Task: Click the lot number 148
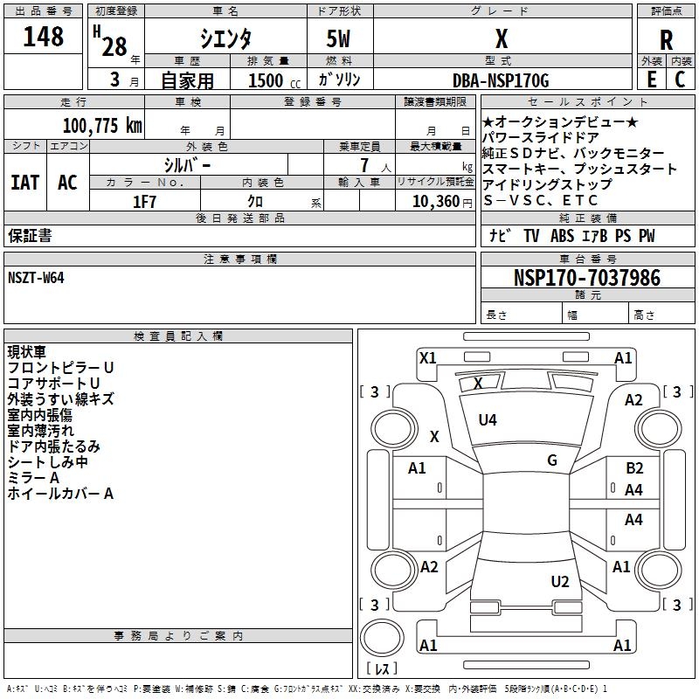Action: coord(44,37)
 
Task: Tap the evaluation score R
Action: coord(666,40)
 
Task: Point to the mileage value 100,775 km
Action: coord(102,125)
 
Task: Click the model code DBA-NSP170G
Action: coord(502,81)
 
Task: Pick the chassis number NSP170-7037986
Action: coord(586,278)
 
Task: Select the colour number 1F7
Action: coord(144,201)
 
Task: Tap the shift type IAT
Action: coord(24,183)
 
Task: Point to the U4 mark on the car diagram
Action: coord(488,420)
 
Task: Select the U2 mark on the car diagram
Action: coord(560,582)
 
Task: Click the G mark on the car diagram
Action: coord(552,460)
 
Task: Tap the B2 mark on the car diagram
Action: coord(634,468)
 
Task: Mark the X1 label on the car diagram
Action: coord(427,357)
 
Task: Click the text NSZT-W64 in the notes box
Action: coord(36,277)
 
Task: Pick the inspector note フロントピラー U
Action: coord(60,368)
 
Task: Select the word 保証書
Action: coord(30,236)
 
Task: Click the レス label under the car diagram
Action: coord(382,669)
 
